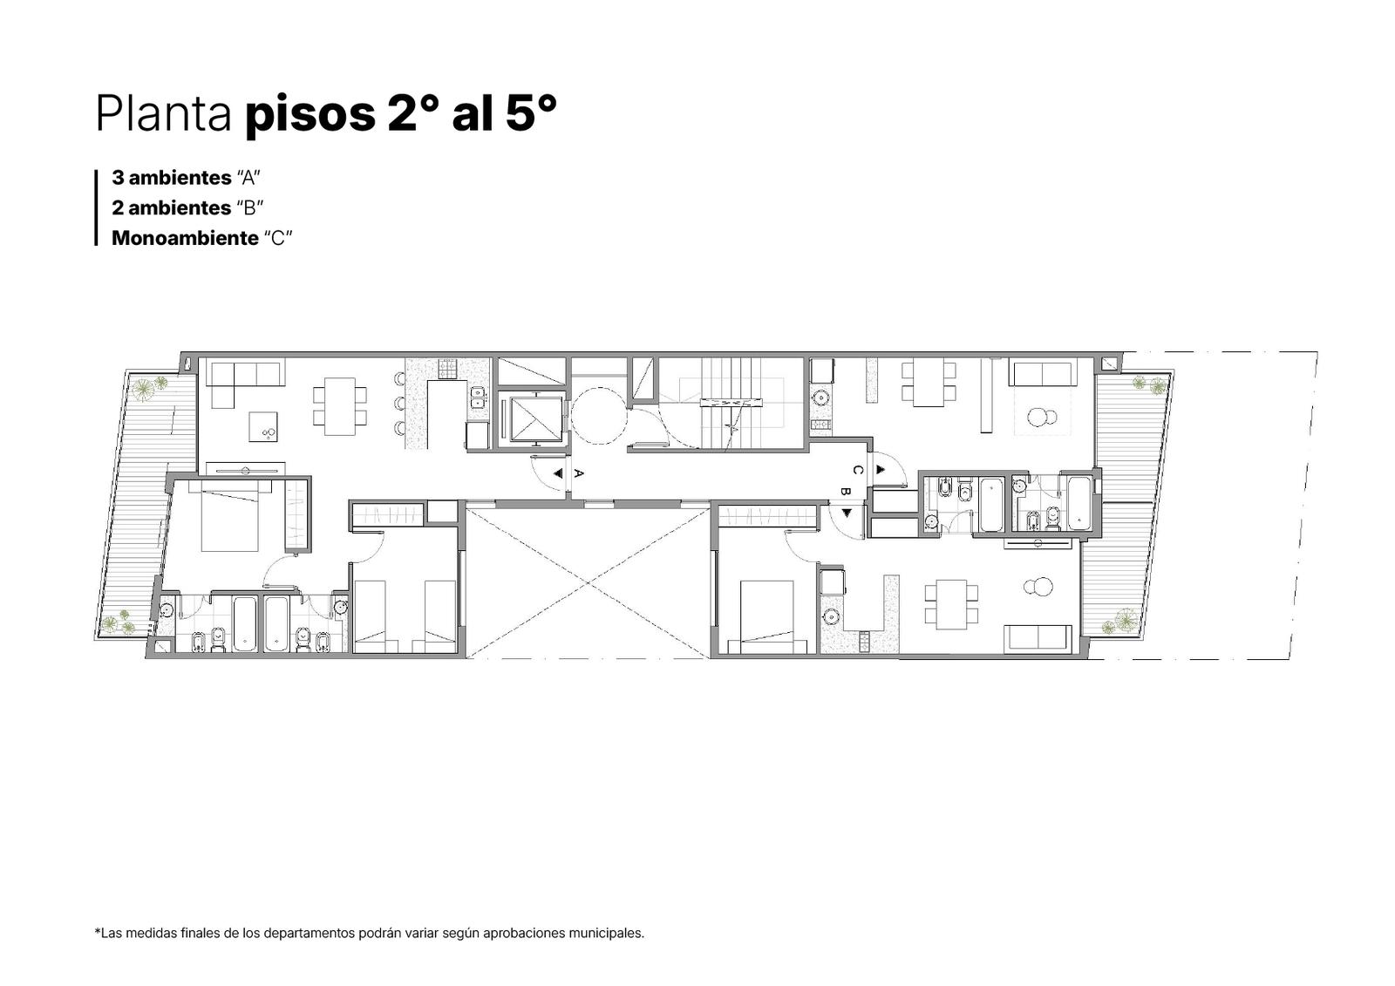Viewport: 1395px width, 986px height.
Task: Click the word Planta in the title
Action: (x=163, y=113)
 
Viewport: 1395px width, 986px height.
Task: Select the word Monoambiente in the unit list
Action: (x=185, y=238)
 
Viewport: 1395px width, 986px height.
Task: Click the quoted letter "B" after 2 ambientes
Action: (x=249, y=207)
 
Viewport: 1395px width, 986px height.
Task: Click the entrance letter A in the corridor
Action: (x=578, y=473)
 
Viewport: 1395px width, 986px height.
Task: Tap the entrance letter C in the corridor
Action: (x=858, y=470)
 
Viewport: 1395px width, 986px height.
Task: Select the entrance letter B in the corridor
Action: (x=845, y=491)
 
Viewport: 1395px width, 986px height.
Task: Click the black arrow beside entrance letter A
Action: (x=559, y=473)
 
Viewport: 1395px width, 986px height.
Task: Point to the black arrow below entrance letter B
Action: (x=847, y=513)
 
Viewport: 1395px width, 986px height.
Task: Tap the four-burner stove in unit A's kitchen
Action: (x=447, y=369)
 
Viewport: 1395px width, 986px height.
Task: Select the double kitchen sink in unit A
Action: (x=478, y=397)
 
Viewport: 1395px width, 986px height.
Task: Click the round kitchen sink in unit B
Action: (x=831, y=616)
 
